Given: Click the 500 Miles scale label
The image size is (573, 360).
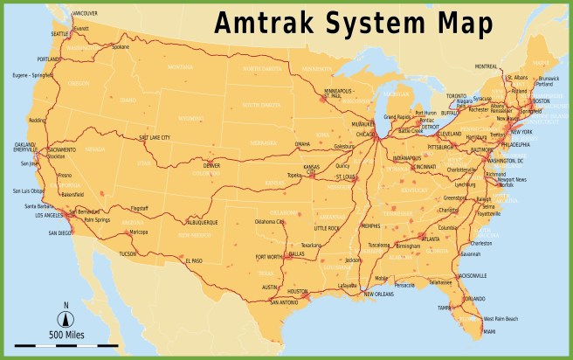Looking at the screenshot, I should click(66, 336).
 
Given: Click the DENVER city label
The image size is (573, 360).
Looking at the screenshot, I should click(211, 165).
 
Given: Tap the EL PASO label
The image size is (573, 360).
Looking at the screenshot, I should click(194, 260).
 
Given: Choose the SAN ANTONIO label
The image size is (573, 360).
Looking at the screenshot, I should click(285, 302).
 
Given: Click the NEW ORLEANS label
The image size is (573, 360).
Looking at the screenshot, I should click(378, 294).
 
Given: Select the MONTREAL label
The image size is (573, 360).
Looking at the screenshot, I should click(487, 67).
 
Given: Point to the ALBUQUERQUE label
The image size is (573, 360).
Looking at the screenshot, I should click(199, 222).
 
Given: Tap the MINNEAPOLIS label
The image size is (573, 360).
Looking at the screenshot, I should click(338, 90).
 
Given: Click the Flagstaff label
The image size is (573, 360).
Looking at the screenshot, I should click(139, 209).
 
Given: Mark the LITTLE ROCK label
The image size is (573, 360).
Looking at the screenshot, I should click(327, 228).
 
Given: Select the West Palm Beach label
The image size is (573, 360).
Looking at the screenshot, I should click(501, 318).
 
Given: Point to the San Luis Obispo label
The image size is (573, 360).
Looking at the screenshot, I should click(28, 190).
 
